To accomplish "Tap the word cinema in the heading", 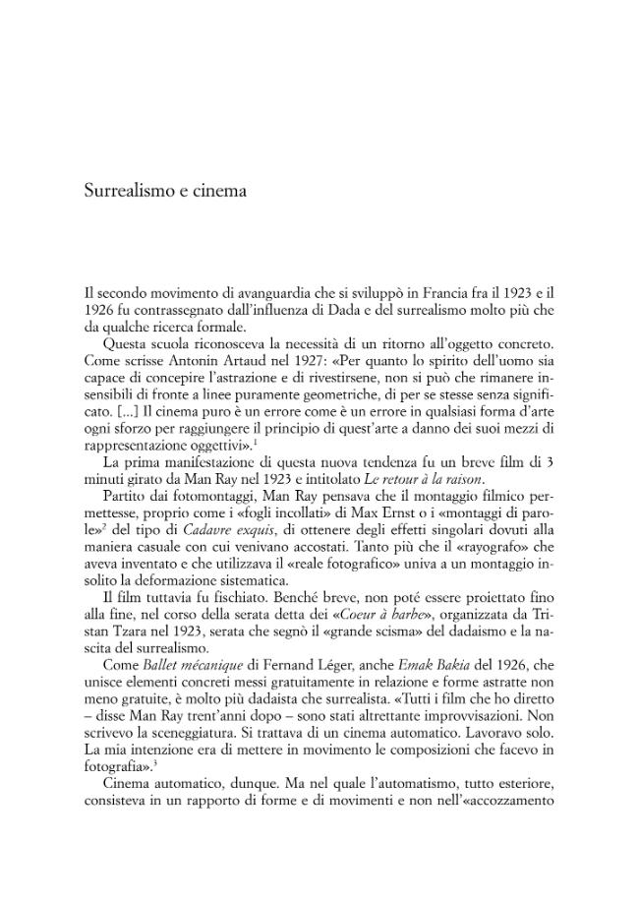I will pos(218,190).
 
